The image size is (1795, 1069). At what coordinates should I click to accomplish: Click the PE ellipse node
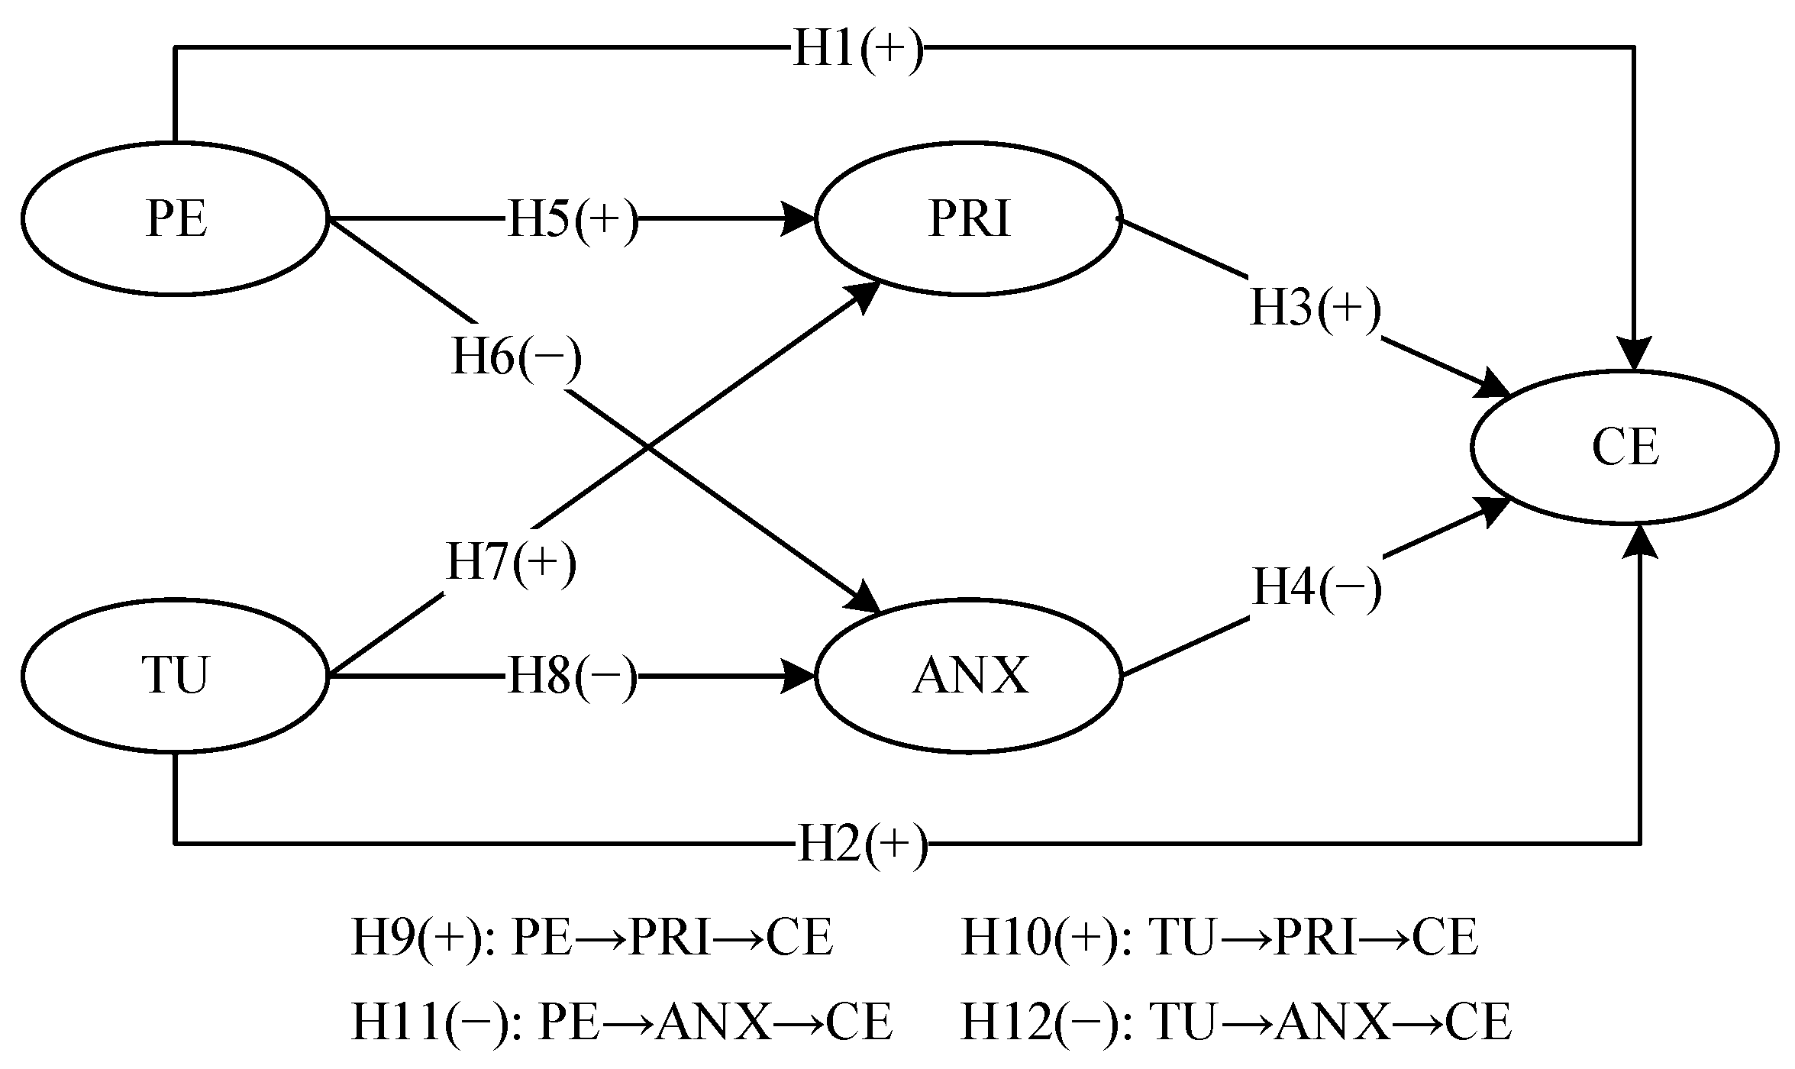tap(175, 218)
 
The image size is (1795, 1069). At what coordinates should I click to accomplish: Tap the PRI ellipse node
tap(968, 218)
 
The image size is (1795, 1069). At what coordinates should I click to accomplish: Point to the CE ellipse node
tap(1625, 447)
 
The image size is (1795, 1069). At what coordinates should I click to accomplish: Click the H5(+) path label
tap(573, 221)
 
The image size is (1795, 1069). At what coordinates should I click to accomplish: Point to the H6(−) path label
tap(516, 357)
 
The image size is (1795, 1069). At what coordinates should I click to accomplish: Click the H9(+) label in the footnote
tap(421, 938)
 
